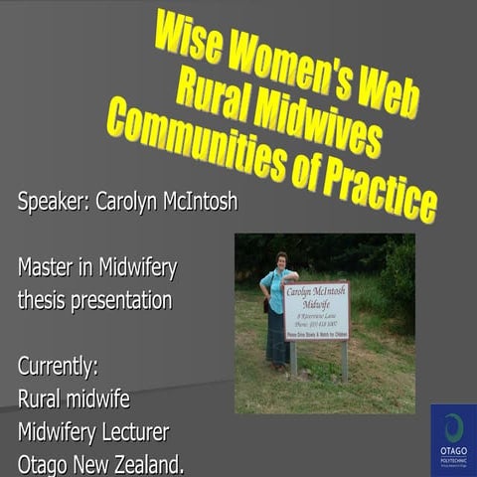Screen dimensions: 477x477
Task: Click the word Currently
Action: [58, 366]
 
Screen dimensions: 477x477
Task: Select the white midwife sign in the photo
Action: [316, 310]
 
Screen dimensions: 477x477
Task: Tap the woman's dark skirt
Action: [276, 338]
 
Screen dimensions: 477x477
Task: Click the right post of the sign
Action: [344, 360]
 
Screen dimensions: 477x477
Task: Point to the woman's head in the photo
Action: [281, 260]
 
